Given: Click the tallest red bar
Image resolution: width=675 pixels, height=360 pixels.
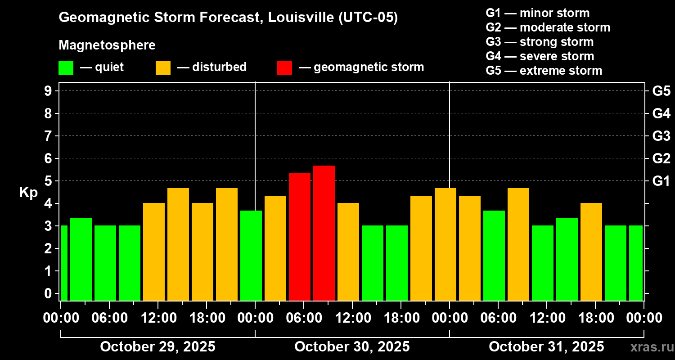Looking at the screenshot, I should (x=324, y=233).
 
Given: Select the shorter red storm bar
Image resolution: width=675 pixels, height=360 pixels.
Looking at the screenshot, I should (x=300, y=236).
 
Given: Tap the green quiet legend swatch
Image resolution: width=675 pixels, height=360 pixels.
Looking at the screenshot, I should (x=66, y=68).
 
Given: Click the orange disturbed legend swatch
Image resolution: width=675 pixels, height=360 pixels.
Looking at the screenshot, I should (x=163, y=68).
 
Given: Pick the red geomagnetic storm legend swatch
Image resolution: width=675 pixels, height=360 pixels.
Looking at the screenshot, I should (x=284, y=68).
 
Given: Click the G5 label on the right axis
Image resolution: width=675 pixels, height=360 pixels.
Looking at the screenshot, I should (x=661, y=91).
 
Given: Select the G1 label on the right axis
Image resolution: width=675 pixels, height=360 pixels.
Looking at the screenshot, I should (x=661, y=181).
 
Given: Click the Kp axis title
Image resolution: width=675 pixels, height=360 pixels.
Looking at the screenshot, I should (x=28, y=192).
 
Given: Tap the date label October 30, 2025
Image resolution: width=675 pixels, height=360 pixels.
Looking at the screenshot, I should (x=352, y=346).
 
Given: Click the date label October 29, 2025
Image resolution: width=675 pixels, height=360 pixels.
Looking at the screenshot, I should (x=157, y=346).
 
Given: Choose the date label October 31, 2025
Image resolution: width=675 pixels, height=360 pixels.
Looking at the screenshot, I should (x=546, y=346).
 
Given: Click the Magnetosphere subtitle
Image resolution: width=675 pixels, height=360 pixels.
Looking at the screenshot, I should (x=107, y=45).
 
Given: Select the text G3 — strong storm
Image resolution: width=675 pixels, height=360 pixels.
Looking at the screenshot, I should (x=540, y=42).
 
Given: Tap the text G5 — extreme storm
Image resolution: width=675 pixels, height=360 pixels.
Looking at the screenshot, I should (x=544, y=71).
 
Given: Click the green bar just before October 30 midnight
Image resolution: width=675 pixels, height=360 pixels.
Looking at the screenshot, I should (x=251, y=255).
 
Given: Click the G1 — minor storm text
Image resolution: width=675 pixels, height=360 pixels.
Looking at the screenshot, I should (x=537, y=13).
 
